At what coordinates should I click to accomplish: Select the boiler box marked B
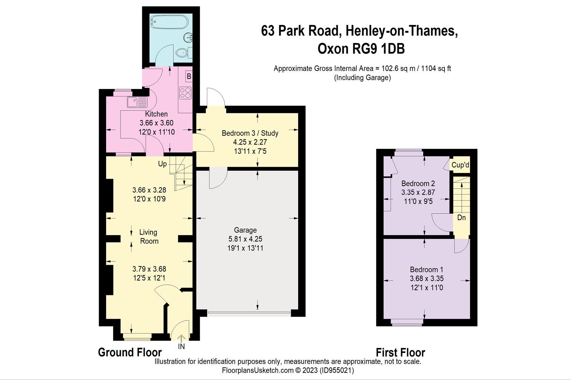(x=189, y=76)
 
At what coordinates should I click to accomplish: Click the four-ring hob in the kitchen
(x=185, y=93)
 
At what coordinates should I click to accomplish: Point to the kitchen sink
(x=137, y=102)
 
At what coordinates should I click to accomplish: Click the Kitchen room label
(x=156, y=114)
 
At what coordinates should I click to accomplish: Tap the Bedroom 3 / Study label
(x=250, y=133)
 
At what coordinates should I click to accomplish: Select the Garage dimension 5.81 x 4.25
(x=245, y=239)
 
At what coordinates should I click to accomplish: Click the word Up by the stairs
(x=162, y=164)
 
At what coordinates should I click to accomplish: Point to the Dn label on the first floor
(x=461, y=218)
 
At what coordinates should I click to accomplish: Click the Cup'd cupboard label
(x=460, y=165)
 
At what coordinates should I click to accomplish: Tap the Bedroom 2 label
(x=418, y=183)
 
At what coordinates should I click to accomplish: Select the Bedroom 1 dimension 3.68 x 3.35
(x=426, y=278)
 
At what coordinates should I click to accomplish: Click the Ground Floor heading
(x=130, y=352)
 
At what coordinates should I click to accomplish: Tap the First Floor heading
(x=400, y=352)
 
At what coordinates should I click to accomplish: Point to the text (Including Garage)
(x=362, y=78)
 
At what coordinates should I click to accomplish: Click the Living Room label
(x=149, y=236)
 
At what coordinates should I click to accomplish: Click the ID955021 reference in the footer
(x=336, y=370)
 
